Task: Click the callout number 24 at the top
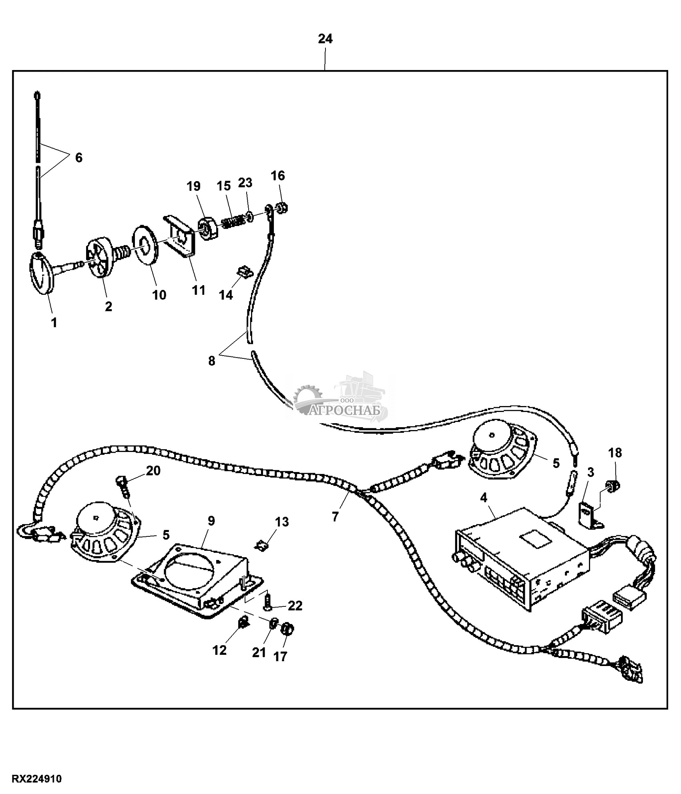(325, 39)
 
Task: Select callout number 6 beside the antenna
(78, 158)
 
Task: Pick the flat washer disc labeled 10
(145, 245)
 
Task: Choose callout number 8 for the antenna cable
(211, 361)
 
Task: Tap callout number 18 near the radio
(615, 453)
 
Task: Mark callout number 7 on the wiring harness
(335, 516)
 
